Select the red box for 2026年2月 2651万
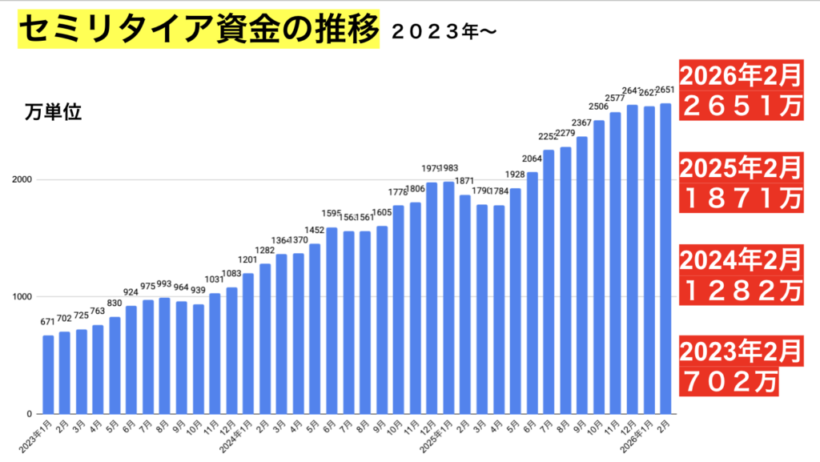click(741, 90)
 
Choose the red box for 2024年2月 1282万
click(741, 273)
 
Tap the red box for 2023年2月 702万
click(730, 364)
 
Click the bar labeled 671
click(48, 375)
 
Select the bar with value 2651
click(665, 259)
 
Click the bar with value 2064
click(532, 293)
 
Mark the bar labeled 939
click(199, 359)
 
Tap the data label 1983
click(448, 168)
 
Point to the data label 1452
click(315, 230)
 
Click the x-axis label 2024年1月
click(239, 438)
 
